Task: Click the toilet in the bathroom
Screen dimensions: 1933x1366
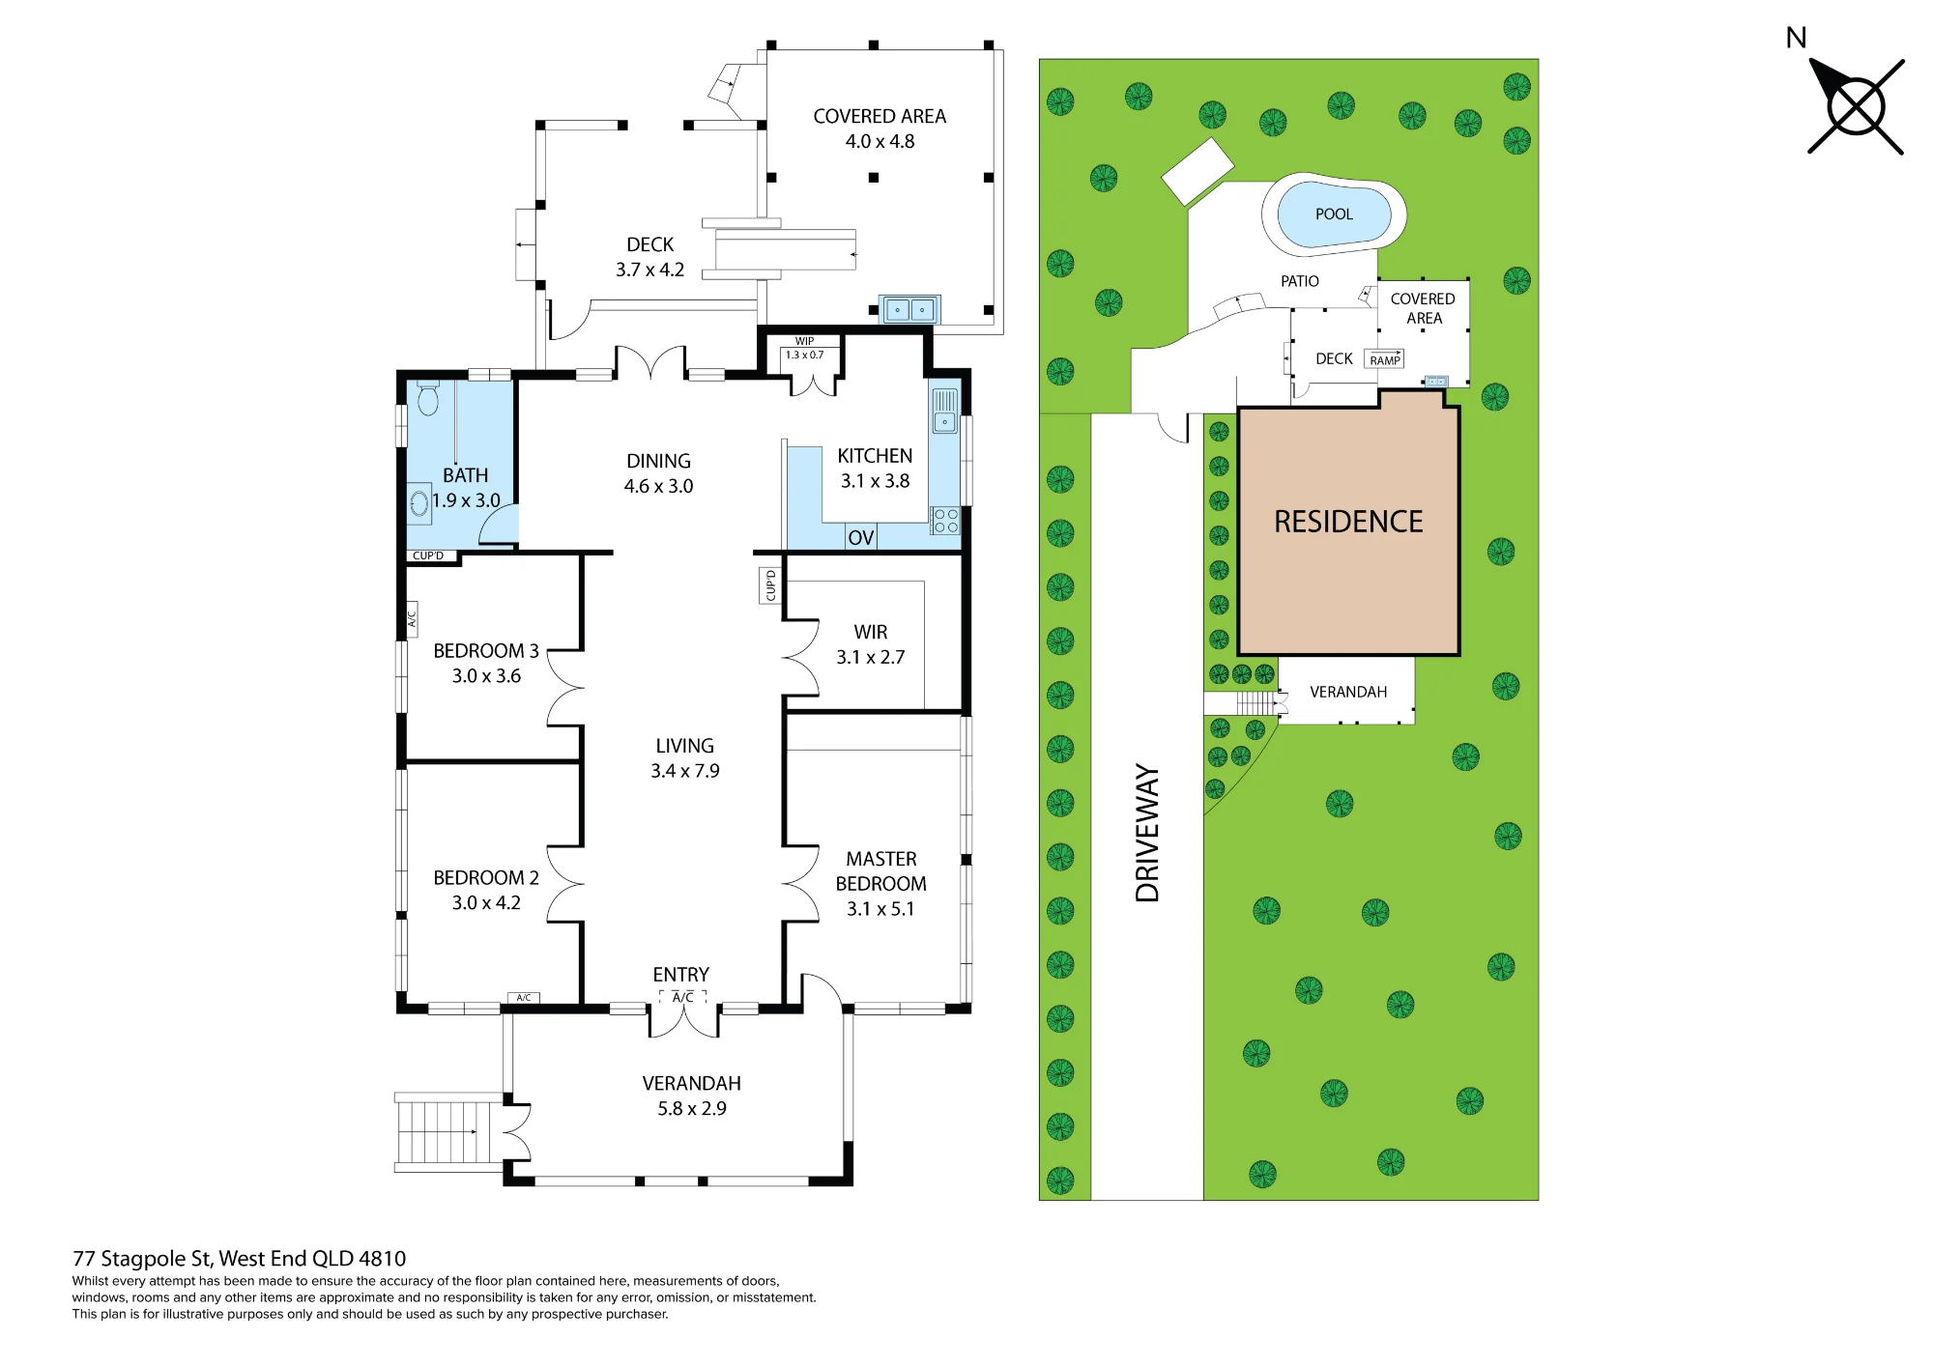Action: point(428,397)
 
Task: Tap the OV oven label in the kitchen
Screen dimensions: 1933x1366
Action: point(860,538)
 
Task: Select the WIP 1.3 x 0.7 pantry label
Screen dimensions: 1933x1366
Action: point(804,348)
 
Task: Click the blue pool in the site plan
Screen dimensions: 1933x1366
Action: point(1334,214)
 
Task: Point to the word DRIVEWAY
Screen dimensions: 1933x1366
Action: point(1147,833)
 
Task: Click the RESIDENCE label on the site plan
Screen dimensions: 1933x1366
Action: point(1348,522)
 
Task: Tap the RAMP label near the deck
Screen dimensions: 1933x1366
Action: point(1385,360)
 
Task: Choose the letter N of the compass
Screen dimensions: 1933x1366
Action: point(1796,38)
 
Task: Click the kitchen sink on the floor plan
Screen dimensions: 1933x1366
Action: point(944,411)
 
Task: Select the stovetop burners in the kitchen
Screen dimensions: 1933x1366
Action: point(945,521)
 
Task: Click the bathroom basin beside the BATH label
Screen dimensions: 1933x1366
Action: point(419,503)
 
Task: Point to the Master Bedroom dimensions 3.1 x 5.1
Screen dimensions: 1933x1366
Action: point(880,909)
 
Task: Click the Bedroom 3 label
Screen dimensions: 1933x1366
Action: point(486,651)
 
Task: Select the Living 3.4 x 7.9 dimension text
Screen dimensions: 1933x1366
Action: point(685,771)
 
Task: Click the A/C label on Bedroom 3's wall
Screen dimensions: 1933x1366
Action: point(411,615)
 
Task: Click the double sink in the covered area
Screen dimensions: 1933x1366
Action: point(909,310)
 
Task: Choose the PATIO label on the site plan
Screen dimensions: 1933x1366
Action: point(1300,281)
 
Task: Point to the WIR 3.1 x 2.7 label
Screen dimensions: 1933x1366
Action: point(871,644)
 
